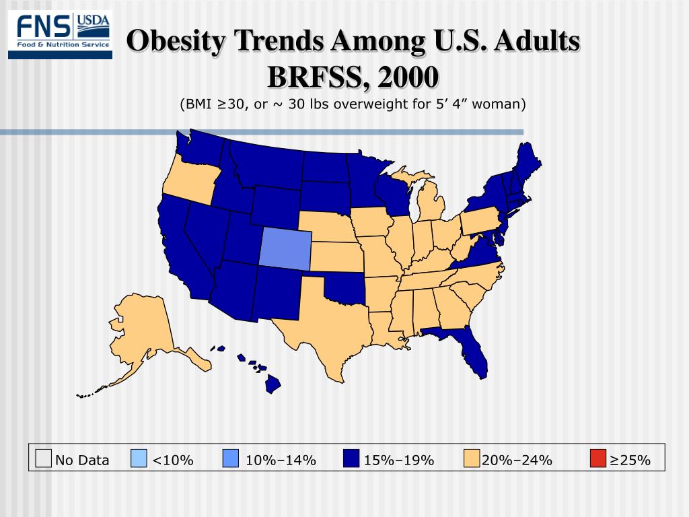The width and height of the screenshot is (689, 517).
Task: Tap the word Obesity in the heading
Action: pos(169,42)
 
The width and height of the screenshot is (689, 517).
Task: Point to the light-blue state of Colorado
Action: pos(285,247)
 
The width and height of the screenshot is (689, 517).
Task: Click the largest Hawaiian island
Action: pos(273,384)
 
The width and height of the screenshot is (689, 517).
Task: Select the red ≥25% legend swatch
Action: pos(597,459)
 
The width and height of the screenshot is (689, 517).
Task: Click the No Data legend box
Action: pos(44,459)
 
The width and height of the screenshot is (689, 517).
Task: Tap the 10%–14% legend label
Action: pos(281,460)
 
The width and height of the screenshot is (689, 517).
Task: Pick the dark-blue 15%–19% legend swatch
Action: pos(351,459)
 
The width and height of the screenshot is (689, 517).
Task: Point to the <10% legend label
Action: pos(173,460)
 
